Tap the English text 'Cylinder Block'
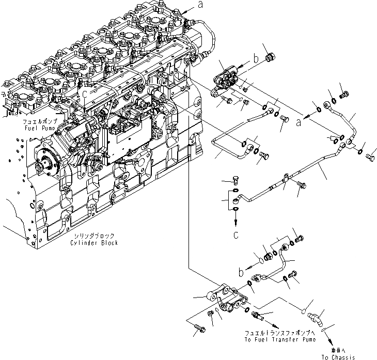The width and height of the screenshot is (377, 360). (96, 243)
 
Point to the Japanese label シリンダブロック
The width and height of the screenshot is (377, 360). (95, 236)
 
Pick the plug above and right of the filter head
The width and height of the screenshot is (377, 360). (269, 57)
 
